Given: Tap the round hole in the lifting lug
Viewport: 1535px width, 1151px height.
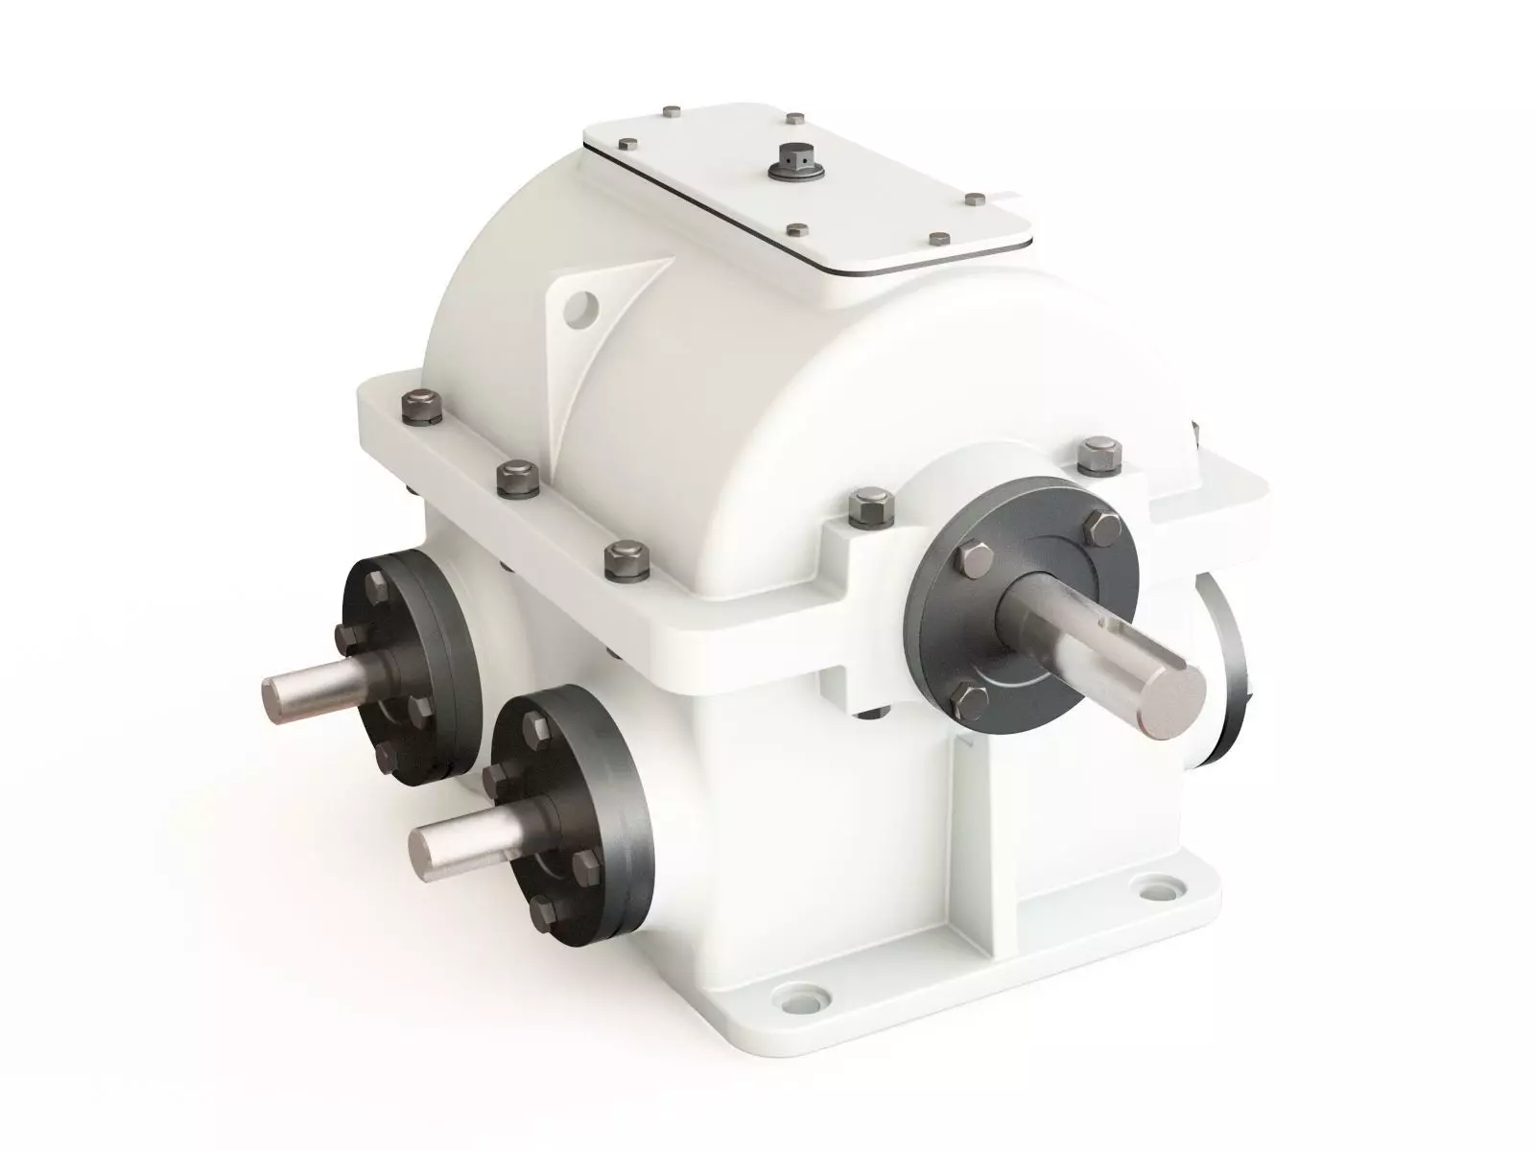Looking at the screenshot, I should pos(580,307).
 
